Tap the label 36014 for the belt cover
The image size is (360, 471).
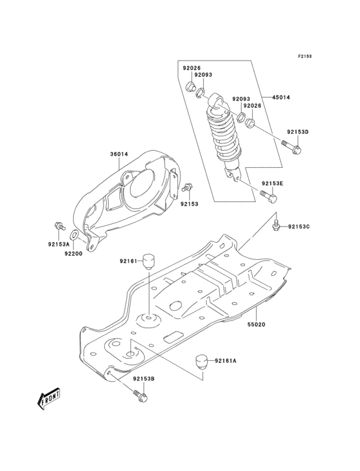pos(120,154)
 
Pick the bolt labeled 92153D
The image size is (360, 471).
pos(295,147)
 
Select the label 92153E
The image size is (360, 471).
pos(272,184)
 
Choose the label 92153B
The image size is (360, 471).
pos(143,379)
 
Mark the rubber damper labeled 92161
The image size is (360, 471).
pos(151,260)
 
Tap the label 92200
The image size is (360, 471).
pos(74,254)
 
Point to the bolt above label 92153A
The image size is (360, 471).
pos(59,226)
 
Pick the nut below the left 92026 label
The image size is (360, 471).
pos(192,87)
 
